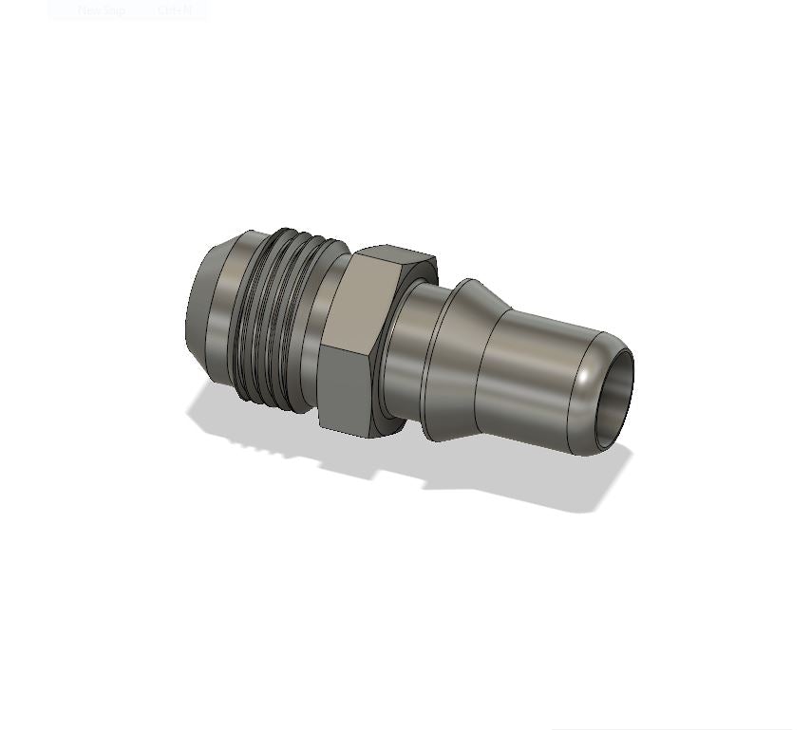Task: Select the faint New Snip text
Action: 101,10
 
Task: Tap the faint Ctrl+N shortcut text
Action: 174,10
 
